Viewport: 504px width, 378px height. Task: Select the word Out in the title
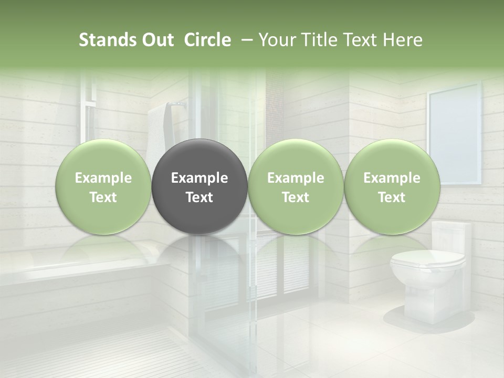click(156, 40)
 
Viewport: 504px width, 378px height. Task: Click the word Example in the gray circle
click(199, 178)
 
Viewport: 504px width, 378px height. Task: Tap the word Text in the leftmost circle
click(103, 197)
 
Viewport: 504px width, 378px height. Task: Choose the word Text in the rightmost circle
click(392, 197)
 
